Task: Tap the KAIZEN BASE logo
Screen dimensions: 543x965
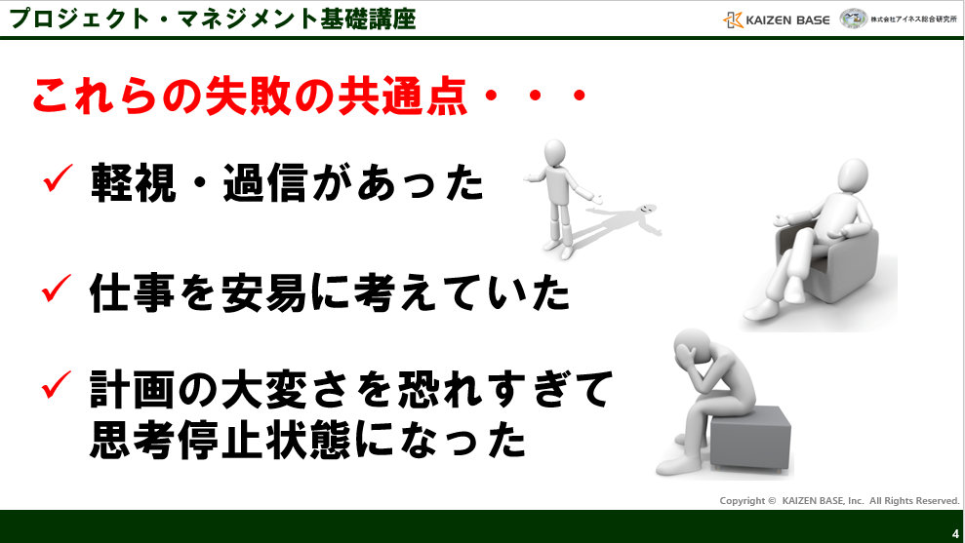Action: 777,19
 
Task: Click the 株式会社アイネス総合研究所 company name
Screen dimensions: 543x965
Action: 912,19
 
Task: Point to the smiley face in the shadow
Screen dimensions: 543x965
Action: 646,211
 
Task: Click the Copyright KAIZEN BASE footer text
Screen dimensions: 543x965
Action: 839,500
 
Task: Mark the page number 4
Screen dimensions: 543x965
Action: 955,532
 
